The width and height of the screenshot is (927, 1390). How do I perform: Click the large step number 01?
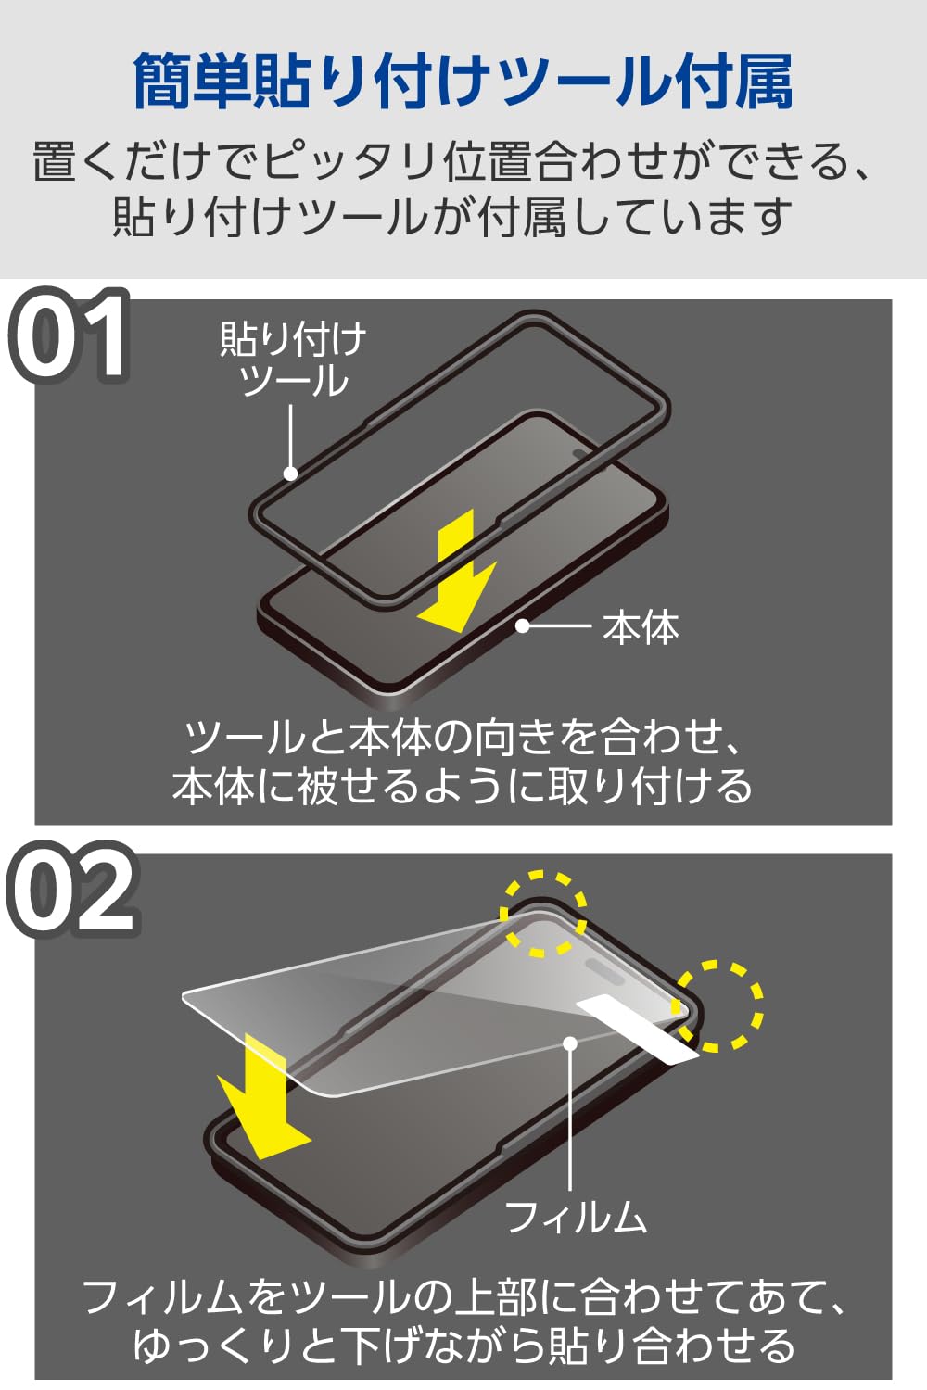70,335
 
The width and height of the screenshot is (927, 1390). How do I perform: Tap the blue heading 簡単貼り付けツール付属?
463,82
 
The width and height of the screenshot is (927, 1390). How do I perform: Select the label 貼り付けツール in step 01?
293,360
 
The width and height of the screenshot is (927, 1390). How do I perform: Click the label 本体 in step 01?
641,627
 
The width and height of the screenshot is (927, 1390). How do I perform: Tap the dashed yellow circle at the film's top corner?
543,913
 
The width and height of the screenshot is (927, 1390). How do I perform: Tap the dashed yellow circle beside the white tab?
718,1006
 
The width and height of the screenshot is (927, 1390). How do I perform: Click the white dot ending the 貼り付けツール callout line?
290,474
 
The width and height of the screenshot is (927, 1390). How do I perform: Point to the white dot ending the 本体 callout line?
523,626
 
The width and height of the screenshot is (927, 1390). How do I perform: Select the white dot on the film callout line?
570,1043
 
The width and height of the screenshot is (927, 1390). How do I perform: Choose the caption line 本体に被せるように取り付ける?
463,786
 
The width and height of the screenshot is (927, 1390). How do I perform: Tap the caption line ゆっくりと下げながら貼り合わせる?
463,1346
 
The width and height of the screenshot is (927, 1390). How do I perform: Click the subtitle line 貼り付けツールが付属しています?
451,217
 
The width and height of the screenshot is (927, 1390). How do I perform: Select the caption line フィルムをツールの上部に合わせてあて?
463,1297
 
